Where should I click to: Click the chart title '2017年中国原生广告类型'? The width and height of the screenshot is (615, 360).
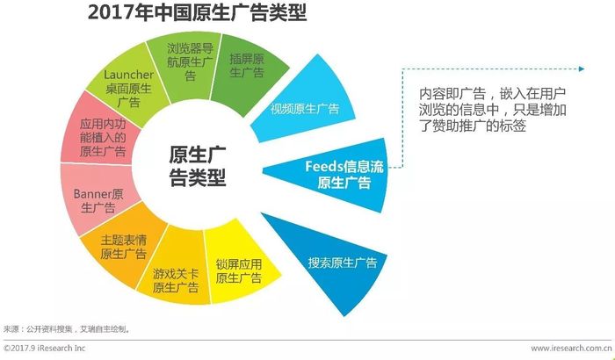(197, 12)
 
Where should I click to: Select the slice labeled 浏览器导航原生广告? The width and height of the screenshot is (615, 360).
(188, 62)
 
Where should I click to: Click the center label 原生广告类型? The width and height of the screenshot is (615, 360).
(198, 166)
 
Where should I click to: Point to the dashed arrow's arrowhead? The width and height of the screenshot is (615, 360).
(582, 69)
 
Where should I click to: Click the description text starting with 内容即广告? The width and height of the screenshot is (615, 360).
(493, 110)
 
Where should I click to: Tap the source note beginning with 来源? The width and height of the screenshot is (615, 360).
(67, 329)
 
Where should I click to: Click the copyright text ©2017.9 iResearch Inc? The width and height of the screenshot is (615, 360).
(44, 348)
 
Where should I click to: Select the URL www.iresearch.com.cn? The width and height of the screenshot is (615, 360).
(571, 348)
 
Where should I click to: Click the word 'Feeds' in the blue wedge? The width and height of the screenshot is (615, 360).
(324, 167)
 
